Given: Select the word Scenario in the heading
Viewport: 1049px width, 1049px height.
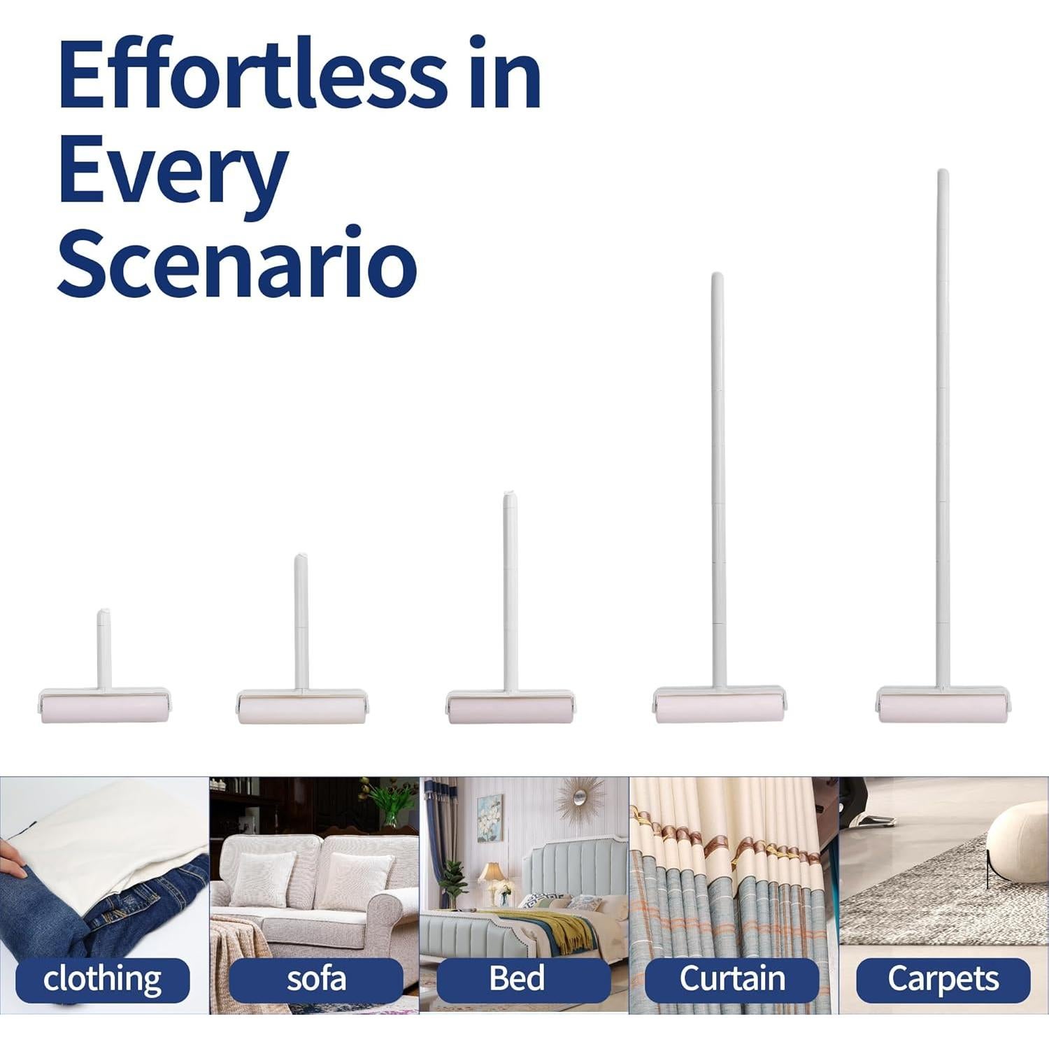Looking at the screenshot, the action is (237, 262).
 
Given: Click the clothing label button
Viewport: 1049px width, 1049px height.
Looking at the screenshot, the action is (103, 979).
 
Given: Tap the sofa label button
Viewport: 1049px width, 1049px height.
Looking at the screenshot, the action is (316, 979).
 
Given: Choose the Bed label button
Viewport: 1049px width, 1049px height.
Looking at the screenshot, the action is (524, 979).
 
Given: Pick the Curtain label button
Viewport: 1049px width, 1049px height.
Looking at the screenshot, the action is (732, 979).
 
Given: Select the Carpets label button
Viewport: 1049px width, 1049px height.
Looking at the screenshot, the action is (943, 979).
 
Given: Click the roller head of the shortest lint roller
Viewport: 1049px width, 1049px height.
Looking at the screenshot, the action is (104, 706).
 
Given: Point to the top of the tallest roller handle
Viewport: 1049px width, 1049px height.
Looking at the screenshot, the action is (943, 171).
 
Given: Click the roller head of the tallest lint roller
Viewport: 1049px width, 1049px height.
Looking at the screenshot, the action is (943, 705).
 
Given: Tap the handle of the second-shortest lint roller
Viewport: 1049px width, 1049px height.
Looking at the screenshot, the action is (301, 621).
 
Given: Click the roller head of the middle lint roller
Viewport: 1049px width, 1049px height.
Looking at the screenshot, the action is (511, 707).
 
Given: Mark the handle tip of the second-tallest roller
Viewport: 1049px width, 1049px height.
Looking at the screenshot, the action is (717, 275).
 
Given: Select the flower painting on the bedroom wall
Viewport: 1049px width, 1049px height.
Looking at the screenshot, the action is (490, 818).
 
